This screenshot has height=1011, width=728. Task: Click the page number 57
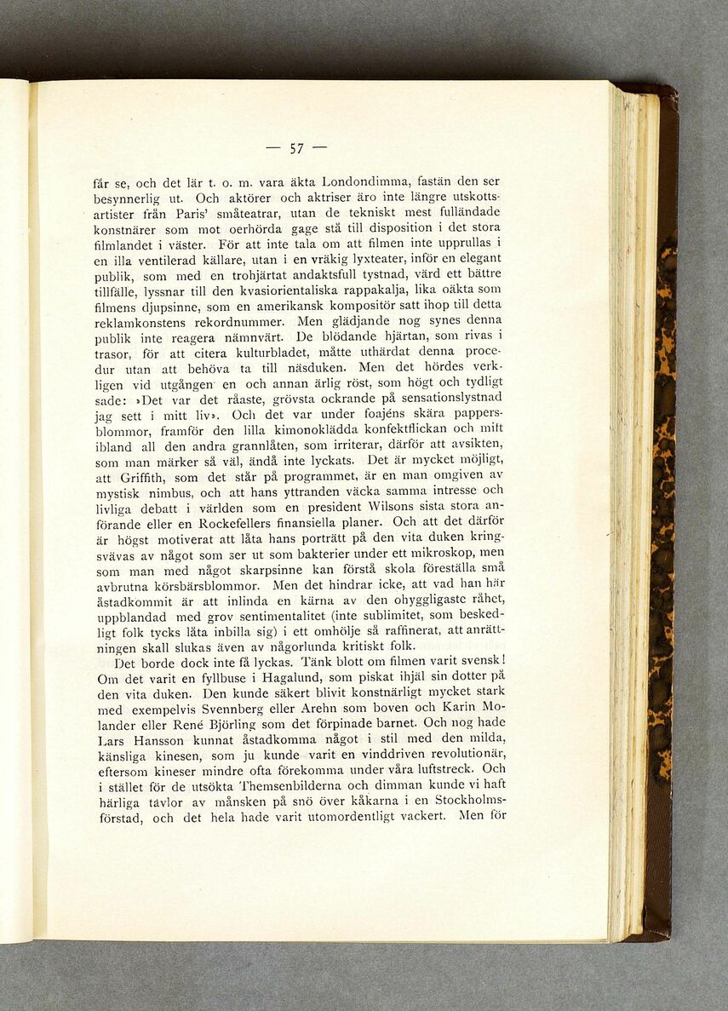coord(296,149)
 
